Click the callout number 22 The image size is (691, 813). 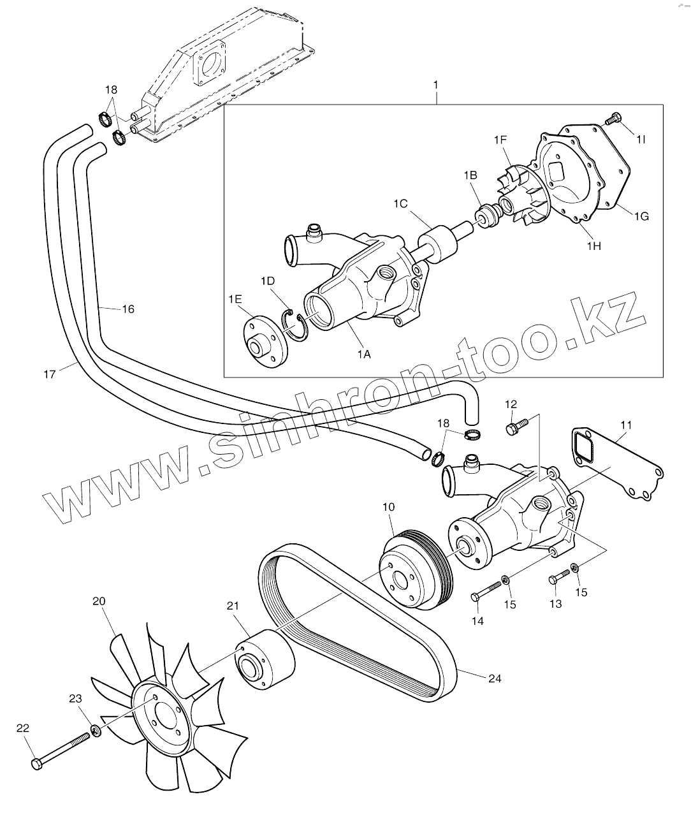pos(23,728)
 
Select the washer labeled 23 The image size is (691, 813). pos(96,729)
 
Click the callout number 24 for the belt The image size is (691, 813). pos(495,678)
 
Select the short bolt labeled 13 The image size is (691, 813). pos(558,578)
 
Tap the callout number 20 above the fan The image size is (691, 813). pos(99,601)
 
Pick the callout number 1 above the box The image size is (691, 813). pos(435,84)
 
